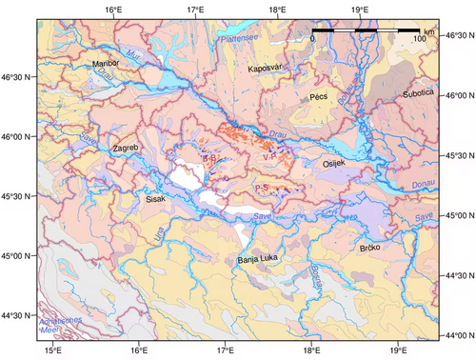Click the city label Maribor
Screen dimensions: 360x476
click(x=106, y=63)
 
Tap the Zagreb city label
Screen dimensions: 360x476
click(x=125, y=150)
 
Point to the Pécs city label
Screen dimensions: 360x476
click(x=318, y=97)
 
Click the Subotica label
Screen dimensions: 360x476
click(x=417, y=93)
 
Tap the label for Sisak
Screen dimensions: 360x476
click(x=155, y=200)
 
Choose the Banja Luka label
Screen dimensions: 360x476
click(x=258, y=258)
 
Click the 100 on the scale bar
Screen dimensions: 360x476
click(x=418, y=40)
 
